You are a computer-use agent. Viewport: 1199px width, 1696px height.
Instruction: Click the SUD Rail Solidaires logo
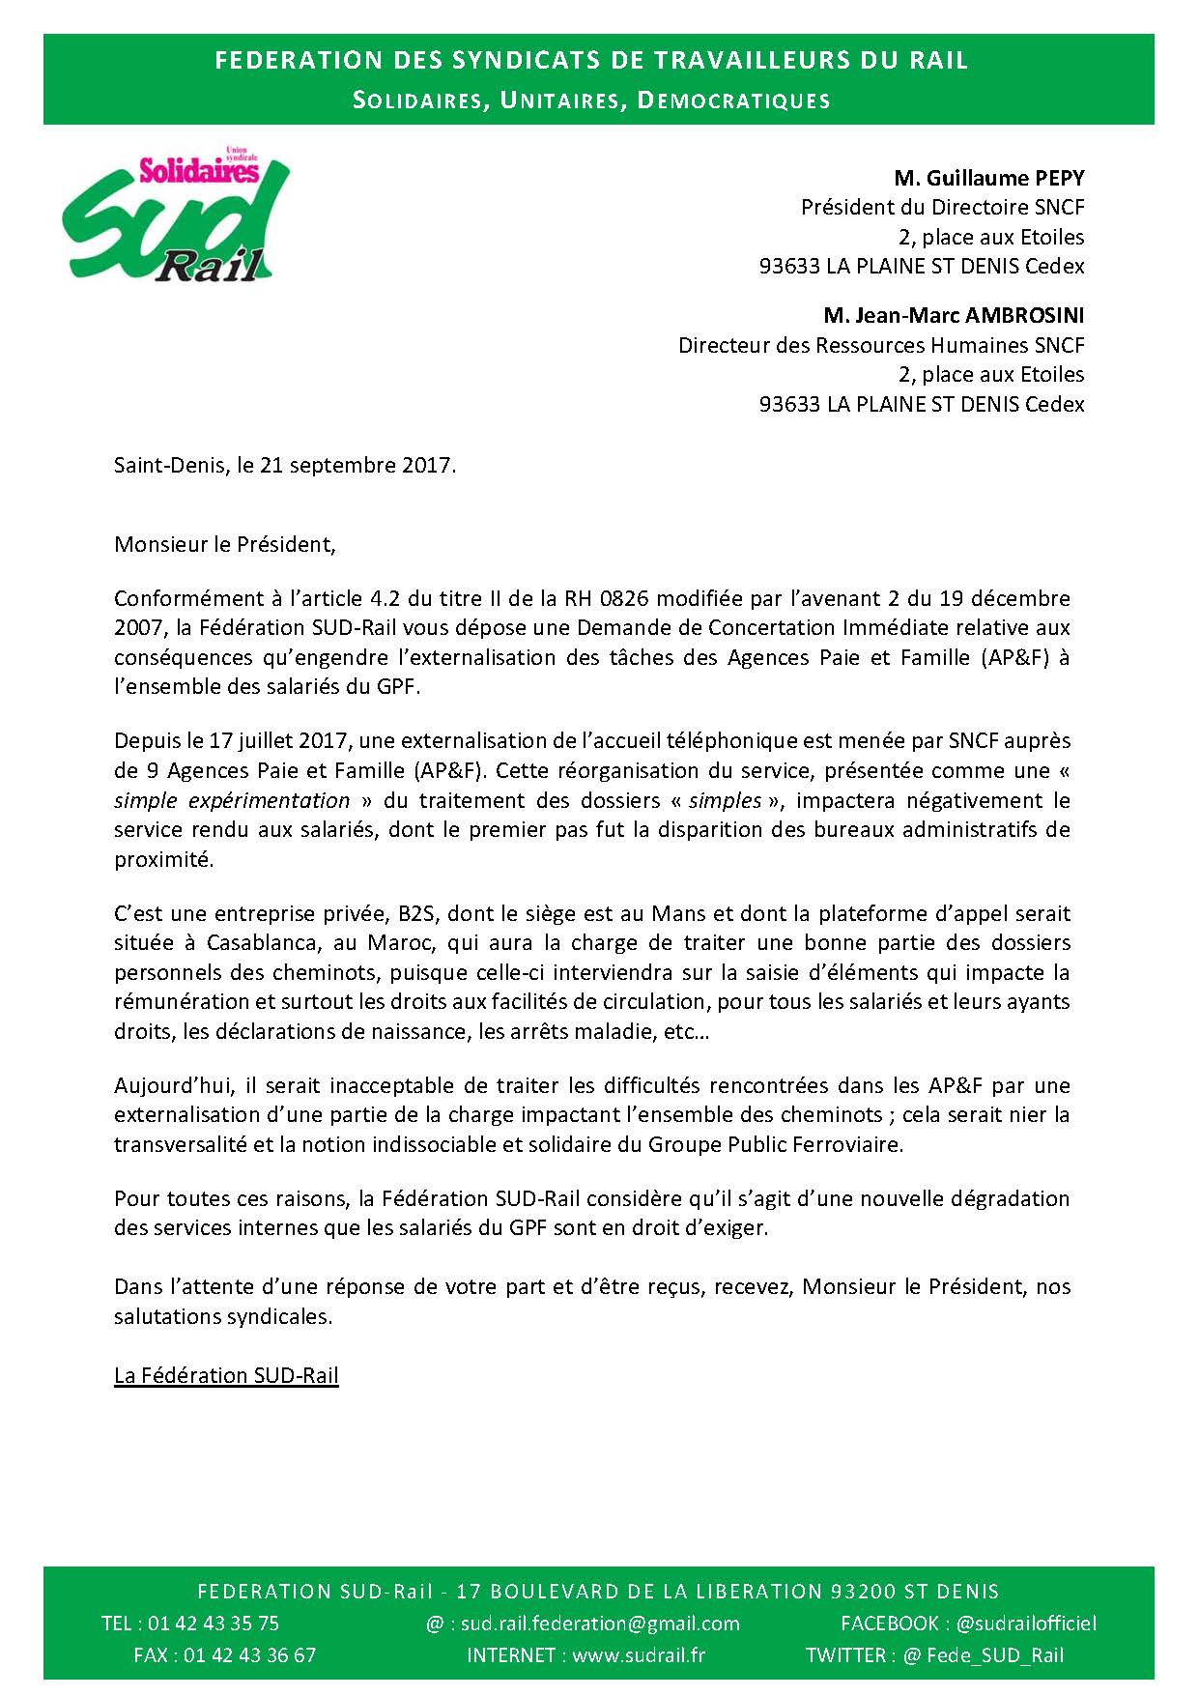point(176,220)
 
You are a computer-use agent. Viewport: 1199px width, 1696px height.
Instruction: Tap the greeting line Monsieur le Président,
point(225,544)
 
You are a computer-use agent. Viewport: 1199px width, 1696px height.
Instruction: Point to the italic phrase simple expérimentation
point(232,800)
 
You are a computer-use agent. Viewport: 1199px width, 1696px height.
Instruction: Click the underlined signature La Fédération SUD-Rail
point(226,1375)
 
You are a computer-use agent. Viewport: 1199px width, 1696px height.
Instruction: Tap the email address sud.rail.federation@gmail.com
point(600,1624)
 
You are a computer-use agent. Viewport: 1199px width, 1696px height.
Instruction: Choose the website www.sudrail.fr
point(639,1655)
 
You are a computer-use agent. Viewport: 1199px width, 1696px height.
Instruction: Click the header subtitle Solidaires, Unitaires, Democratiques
point(591,101)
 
